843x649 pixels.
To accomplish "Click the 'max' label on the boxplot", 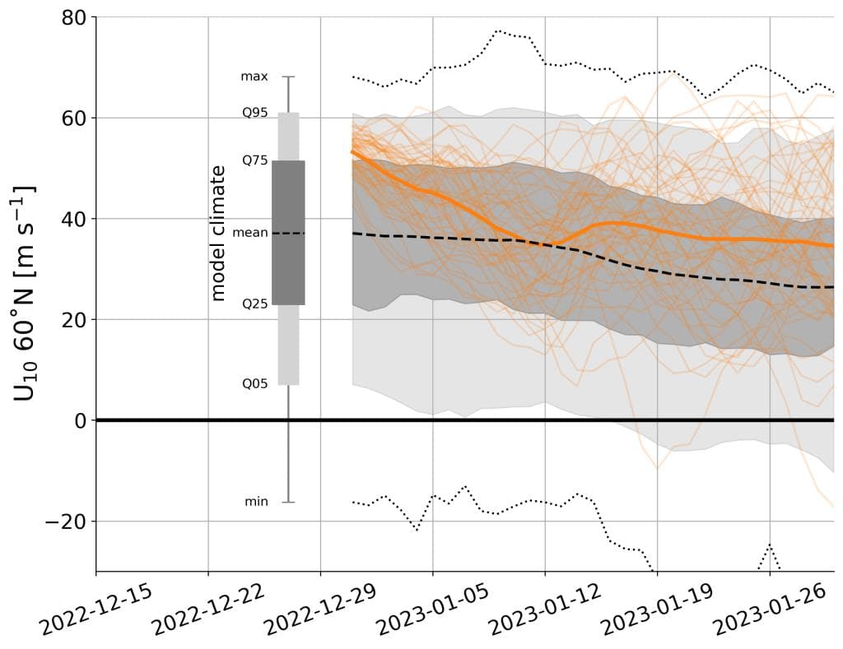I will pyautogui.click(x=254, y=76).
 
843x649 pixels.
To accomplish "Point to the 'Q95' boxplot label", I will pyautogui.click(x=254, y=113).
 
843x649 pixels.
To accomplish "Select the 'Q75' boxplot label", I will pyautogui.click(x=254, y=160).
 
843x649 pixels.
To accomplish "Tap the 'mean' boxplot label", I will pyautogui.click(x=250, y=233).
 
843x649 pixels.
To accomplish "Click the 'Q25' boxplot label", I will pyautogui.click(x=254, y=304).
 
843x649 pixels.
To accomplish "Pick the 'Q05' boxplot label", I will pyautogui.click(x=254, y=383).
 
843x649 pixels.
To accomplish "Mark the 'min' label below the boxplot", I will pyautogui.click(x=256, y=501).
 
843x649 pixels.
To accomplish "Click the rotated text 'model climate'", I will pyautogui.click(x=218, y=233).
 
